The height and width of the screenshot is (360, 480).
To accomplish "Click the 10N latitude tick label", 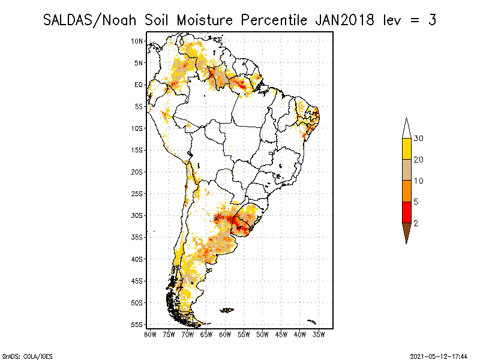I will pos(137,41).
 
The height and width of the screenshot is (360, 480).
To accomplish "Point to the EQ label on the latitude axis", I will pos(139,85).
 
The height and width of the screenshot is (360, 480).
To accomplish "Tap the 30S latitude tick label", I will pos(137,215).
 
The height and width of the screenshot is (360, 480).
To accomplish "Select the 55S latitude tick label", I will pos(137,325).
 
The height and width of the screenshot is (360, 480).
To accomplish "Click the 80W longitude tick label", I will pos(150,334).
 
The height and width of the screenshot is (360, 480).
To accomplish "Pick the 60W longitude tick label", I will pos(225,334).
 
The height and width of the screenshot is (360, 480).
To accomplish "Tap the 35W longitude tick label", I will pos(319,334).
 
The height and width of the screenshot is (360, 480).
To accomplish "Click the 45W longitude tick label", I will pos(281,334).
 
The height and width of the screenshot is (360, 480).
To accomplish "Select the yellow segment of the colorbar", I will pos(406,149).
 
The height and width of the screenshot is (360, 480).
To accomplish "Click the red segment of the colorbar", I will pos(406,212).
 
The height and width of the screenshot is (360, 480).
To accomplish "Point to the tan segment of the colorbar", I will pos(406,170).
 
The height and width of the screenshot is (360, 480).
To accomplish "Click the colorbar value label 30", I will pos(419,139).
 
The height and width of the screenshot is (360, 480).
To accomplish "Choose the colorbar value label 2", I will pos(416,223).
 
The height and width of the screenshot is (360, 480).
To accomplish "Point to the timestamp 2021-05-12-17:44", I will pos(438,356).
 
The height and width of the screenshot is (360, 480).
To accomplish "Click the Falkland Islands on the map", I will pos(227,310).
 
